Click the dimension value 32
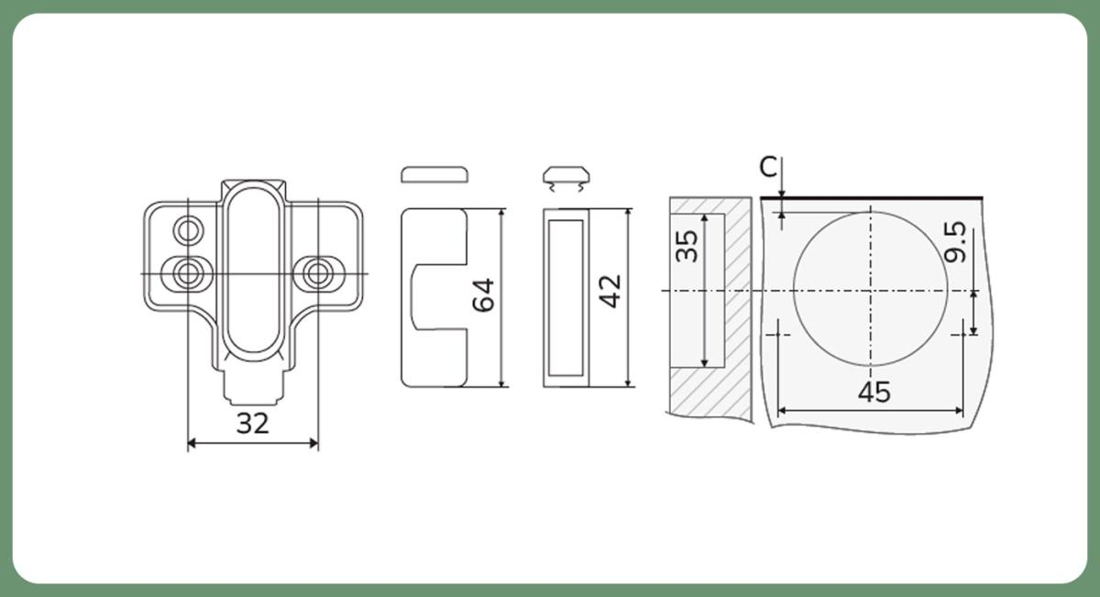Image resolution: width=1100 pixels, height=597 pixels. coord(253,423)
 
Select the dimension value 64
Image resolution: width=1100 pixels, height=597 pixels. coord(483,294)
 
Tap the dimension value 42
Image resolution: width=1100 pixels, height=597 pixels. coord(610,292)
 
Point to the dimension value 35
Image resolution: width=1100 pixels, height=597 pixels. coord(687,246)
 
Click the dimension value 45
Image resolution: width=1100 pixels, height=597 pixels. coord(874,392)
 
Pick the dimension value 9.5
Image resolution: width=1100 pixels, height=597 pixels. coord(955,242)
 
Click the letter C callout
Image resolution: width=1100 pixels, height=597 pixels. coord(768,167)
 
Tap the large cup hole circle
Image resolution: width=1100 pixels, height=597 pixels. coord(794,290)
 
